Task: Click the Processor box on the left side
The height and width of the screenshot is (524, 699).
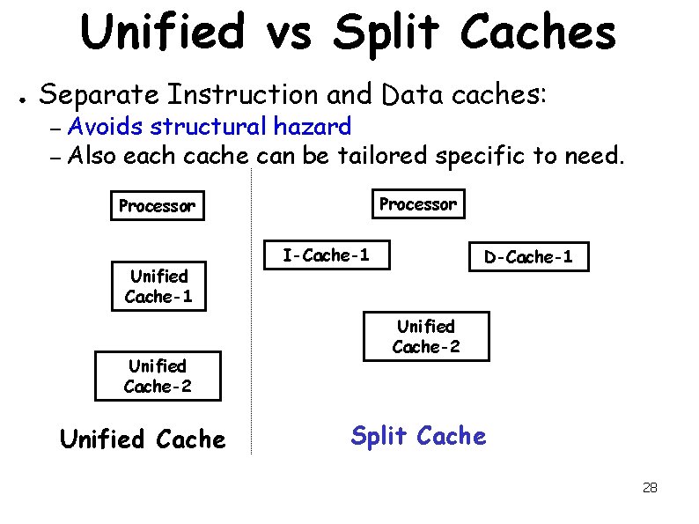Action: [x=157, y=206]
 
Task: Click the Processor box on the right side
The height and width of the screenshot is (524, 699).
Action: [x=418, y=204]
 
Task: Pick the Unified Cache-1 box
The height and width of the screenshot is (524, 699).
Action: [x=158, y=286]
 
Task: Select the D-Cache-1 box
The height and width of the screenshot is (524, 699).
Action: [x=528, y=257]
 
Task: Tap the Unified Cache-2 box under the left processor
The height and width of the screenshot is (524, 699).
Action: [x=158, y=375]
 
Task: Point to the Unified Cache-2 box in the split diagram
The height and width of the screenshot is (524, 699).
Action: [x=426, y=336]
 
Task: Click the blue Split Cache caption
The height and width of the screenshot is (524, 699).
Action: [x=418, y=436]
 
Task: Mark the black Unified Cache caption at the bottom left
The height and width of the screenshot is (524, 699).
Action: [x=143, y=439]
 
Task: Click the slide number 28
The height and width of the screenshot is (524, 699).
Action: [x=651, y=487]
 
